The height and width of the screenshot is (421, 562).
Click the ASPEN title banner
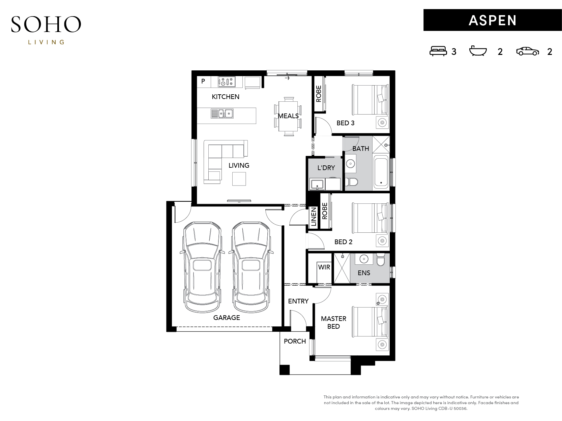(x=492, y=20)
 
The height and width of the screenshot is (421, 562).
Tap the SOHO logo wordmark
(x=46, y=24)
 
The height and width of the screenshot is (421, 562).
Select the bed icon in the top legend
(x=438, y=51)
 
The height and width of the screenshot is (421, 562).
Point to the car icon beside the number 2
(x=527, y=51)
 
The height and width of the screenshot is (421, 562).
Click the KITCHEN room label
(x=226, y=97)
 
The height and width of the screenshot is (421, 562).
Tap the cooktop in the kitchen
(x=226, y=82)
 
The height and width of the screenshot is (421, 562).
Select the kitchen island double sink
(x=222, y=114)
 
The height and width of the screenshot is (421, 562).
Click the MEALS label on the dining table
(x=288, y=116)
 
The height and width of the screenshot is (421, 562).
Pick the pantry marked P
(x=204, y=82)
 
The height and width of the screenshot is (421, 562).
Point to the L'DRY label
(x=326, y=168)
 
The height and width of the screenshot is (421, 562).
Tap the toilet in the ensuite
(x=381, y=259)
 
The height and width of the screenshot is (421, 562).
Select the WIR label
(x=324, y=267)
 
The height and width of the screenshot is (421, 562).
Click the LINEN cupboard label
(x=314, y=217)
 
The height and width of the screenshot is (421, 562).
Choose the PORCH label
(x=295, y=341)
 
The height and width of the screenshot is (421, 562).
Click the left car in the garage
(x=202, y=267)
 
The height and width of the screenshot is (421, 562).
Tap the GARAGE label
(x=227, y=318)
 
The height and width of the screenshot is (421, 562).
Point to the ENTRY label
(x=298, y=301)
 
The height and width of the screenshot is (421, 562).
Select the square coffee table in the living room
(x=239, y=179)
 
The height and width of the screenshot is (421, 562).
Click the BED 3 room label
(x=346, y=123)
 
